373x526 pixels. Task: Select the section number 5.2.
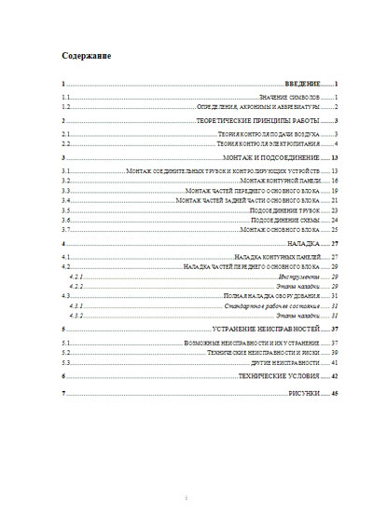(64, 353)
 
